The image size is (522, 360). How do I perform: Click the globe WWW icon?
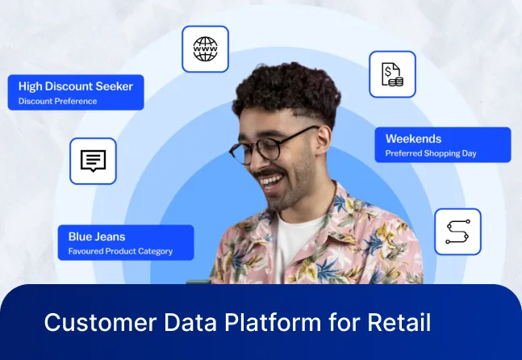tap(205, 49)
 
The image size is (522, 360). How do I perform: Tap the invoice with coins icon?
tap(392, 74)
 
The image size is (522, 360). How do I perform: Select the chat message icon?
tap(93, 161)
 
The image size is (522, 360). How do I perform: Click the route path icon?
tap(457, 232)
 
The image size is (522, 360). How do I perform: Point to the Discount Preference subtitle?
tap(57, 102)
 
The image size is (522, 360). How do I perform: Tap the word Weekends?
tap(413, 139)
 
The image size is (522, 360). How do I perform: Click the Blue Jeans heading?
tap(97, 237)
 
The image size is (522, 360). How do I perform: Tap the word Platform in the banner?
tap(258, 323)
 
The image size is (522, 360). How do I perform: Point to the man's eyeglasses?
tap(266, 149)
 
